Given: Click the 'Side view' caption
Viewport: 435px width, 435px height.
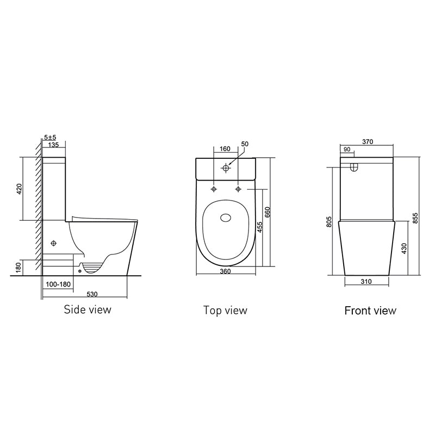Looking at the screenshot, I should [88, 310].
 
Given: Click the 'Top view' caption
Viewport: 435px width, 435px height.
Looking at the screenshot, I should [225, 310].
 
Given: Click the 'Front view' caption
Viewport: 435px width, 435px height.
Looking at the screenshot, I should [370, 311].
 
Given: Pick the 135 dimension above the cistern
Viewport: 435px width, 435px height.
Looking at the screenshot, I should [54, 145].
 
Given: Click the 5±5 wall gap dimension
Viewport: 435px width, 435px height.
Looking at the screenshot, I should [51, 138].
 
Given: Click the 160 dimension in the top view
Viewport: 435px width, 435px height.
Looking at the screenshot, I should [225, 148].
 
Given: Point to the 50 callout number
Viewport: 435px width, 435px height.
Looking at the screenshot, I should [244, 144].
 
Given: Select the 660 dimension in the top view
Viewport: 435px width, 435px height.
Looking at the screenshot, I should [267, 213].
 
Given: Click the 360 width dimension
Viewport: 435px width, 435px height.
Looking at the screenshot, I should [225, 271].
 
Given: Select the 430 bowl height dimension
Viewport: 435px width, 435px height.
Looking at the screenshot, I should [403, 248].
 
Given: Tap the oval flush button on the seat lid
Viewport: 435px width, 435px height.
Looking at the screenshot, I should [225, 219].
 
